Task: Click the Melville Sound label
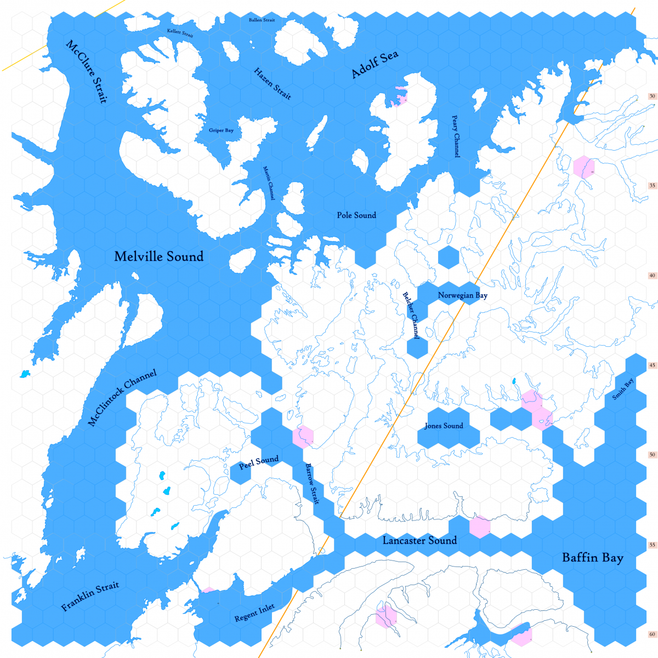click(x=159, y=256)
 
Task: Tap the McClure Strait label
click(x=87, y=71)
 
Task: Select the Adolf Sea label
click(x=375, y=65)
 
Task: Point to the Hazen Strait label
click(x=273, y=83)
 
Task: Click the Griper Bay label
click(x=221, y=130)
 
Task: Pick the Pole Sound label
click(x=356, y=215)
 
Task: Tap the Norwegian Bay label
click(x=462, y=295)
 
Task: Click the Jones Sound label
click(x=444, y=426)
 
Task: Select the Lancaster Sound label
click(x=419, y=541)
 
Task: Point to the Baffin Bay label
click(x=593, y=558)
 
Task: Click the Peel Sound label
click(x=259, y=462)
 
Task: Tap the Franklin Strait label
click(x=90, y=597)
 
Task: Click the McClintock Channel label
click(x=122, y=398)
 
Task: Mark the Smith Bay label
click(x=623, y=389)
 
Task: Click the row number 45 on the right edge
click(x=652, y=365)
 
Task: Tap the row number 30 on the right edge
click(x=652, y=96)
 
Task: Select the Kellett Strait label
click(x=180, y=33)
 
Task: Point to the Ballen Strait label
click(x=262, y=20)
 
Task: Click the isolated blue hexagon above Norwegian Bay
click(x=449, y=257)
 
